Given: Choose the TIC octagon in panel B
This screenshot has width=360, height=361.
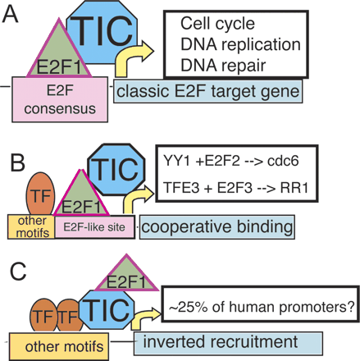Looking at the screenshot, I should pyautogui.click(x=121, y=171).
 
